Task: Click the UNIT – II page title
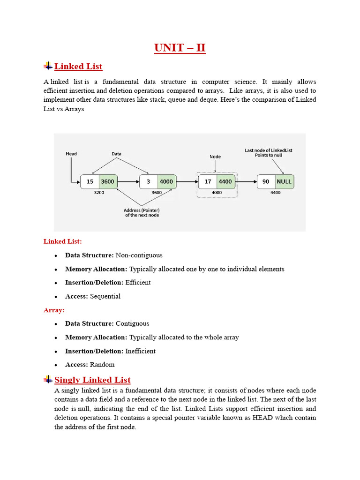coord(180,48)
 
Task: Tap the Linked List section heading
coord(78,66)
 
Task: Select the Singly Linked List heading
coord(92,380)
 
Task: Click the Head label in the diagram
coord(71,154)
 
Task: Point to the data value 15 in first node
coord(90,181)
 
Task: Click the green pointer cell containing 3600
coord(108,181)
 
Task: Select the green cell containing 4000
coord(166,181)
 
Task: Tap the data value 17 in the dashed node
coord(208,181)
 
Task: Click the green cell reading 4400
coord(225,181)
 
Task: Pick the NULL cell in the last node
coord(284,181)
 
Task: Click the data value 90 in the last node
coord(266,181)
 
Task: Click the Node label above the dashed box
coord(215,157)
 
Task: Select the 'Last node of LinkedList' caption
coord(269,150)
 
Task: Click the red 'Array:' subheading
coord(54,310)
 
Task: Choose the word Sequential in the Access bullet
coord(105,296)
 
